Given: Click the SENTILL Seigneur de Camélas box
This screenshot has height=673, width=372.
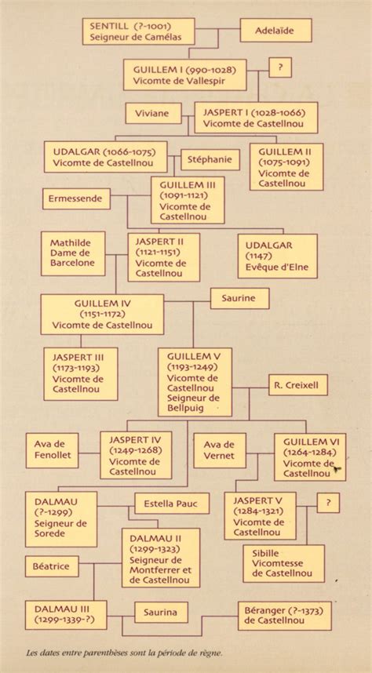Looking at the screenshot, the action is pyautogui.click(x=138, y=31).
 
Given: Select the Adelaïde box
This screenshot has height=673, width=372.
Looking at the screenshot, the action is pyautogui.click(x=275, y=30).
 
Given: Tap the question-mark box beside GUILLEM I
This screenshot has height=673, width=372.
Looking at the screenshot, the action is pyautogui.click(x=280, y=67).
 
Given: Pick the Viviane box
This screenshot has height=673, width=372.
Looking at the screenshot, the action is pyautogui.click(x=153, y=113).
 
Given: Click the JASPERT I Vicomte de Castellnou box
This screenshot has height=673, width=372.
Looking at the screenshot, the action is pyautogui.click(x=256, y=118).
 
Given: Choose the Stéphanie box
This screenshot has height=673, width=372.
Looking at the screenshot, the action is pyautogui.click(x=210, y=160).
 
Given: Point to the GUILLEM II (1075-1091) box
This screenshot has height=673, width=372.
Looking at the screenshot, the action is pyautogui.click(x=286, y=167).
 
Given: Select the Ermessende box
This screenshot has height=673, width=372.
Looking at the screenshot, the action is pyautogui.click(x=76, y=198).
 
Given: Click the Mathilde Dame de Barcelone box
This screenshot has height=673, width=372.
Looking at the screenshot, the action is pyautogui.click(x=73, y=253).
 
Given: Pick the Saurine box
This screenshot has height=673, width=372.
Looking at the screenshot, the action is pyautogui.click(x=239, y=298).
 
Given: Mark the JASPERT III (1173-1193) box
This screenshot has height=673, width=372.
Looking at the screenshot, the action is pyautogui.click(x=81, y=374).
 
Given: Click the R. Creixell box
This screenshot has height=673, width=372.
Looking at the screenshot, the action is pyautogui.click(x=298, y=385).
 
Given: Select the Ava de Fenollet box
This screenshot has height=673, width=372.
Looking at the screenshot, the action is pyautogui.click(x=52, y=450).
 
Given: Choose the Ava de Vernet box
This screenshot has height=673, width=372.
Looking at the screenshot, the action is pyautogui.click(x=220, y=450).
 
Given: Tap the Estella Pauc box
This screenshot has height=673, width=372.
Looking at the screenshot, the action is pyautogui.click(x=172, y=504).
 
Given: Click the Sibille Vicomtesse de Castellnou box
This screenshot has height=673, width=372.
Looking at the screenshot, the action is pyautogui.click(x=283, y=563).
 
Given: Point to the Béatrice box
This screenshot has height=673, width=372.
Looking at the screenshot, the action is pyautogui.click(x=52, y=566).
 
